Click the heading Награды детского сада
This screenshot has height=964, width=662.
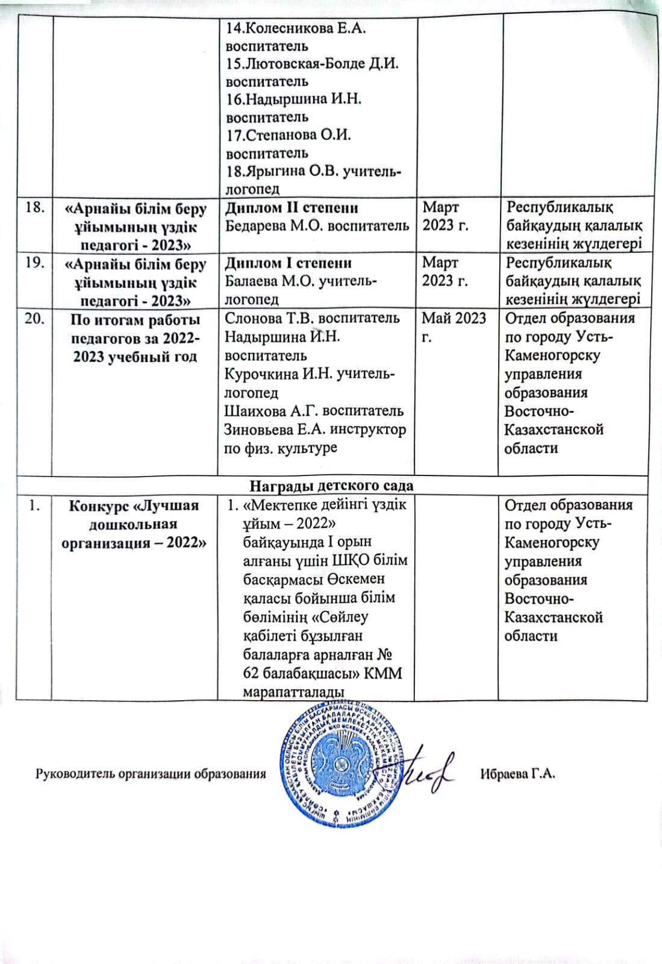tap(331, 486)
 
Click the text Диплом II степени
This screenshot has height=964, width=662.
tap(292, 208)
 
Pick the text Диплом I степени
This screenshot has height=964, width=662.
tap(288, 263)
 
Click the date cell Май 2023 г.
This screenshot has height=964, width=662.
tap(454, 327)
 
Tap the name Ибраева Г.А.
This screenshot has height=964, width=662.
tap(517, 774)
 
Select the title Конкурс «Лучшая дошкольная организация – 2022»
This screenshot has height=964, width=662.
tap(134, 524)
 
